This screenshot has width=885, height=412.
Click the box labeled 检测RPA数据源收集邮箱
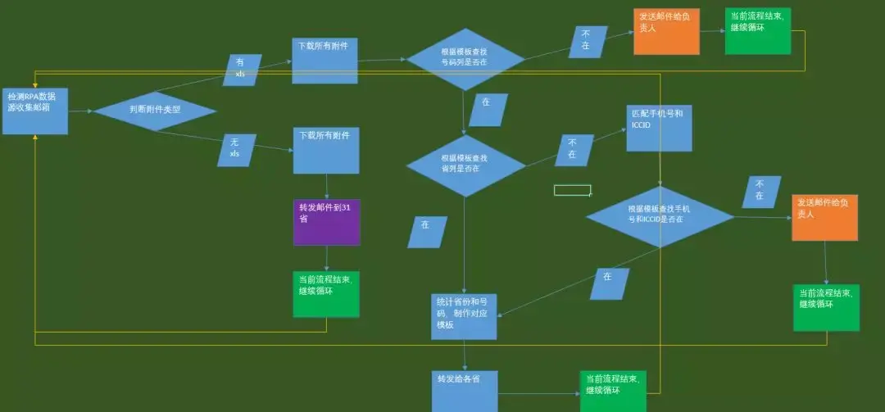tap(34, 111)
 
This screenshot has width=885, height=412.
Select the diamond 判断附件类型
tap(155, 110)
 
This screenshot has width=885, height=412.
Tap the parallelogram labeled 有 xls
tap(242, 70)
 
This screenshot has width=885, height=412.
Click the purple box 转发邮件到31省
tap(326, 221)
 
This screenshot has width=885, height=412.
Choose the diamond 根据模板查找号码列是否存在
tap(465, 59)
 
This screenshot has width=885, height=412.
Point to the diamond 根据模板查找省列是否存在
tap(465, 165)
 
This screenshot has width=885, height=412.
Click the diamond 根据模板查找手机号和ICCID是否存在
tap(660, 216)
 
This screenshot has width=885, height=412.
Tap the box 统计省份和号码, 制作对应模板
tap(465, 316)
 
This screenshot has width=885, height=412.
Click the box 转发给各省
tap(465, 391)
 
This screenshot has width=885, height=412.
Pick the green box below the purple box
tap(326, 294)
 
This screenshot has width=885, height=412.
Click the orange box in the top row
tap(666, 32)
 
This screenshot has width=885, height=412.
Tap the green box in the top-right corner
tap(758, 31)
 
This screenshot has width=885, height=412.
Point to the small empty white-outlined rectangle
tap(572, 190)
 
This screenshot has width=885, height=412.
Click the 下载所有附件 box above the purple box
tap(326, 150)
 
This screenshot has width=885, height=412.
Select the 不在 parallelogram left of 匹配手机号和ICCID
tap(574, 151)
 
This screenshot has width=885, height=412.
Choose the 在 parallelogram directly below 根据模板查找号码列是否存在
tap(488, 110)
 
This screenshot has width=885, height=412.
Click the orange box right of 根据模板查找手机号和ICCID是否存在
tap(824, 217)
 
